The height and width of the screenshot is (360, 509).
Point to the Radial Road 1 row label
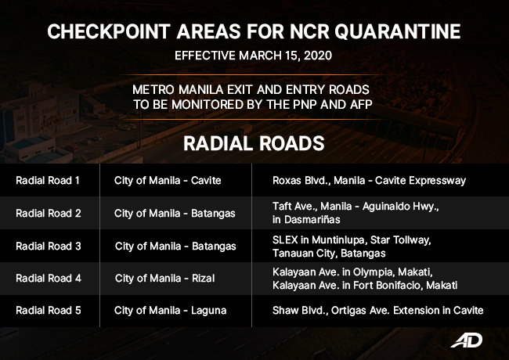(x=47, y=181)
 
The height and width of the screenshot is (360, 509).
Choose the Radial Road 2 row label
(x=47, y=213)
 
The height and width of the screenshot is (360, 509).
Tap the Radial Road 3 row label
(x=47, y=246)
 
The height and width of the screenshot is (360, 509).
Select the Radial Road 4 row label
(x=47, y=278)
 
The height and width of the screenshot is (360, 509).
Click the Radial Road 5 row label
(x=47, y=311)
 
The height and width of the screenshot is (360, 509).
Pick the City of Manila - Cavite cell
(x=168, y=181)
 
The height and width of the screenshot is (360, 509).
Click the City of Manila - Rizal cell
(x=164, y=278)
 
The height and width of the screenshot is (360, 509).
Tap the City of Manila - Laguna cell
(x=170, y=311)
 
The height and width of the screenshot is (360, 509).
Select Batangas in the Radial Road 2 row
(x=212, y=213)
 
